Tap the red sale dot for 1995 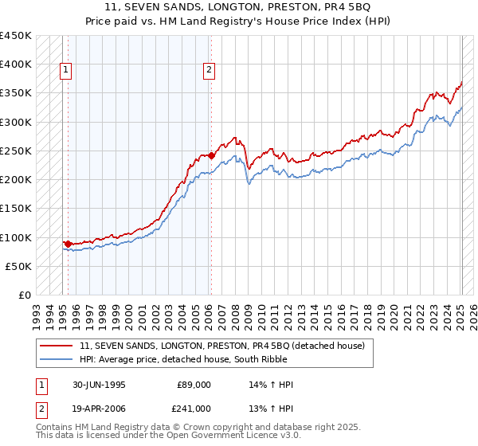(69, 244)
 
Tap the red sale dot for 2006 (211, 155)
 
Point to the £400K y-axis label (16, 65)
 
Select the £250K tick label (16, 151)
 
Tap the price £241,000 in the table (194, 408)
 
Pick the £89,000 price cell (194, 385)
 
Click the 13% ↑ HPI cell (272, 408)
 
